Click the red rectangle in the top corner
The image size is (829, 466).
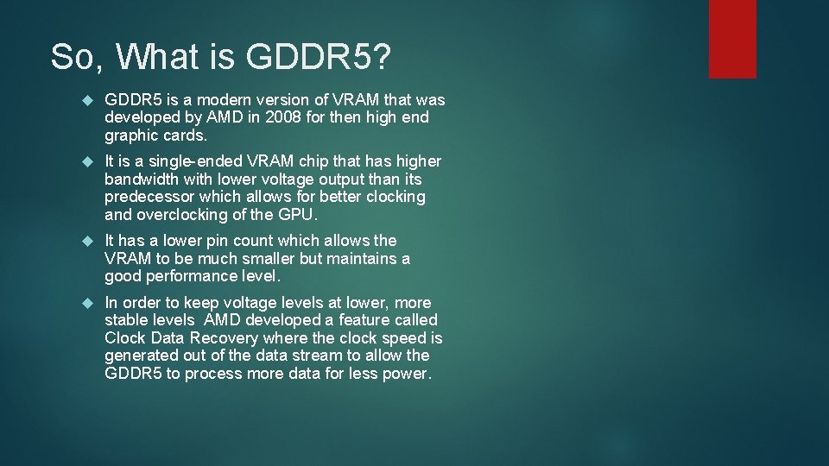(x=732, y=39)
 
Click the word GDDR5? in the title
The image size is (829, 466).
(x=319, y=57)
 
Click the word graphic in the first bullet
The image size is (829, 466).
(x=131, y=135)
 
